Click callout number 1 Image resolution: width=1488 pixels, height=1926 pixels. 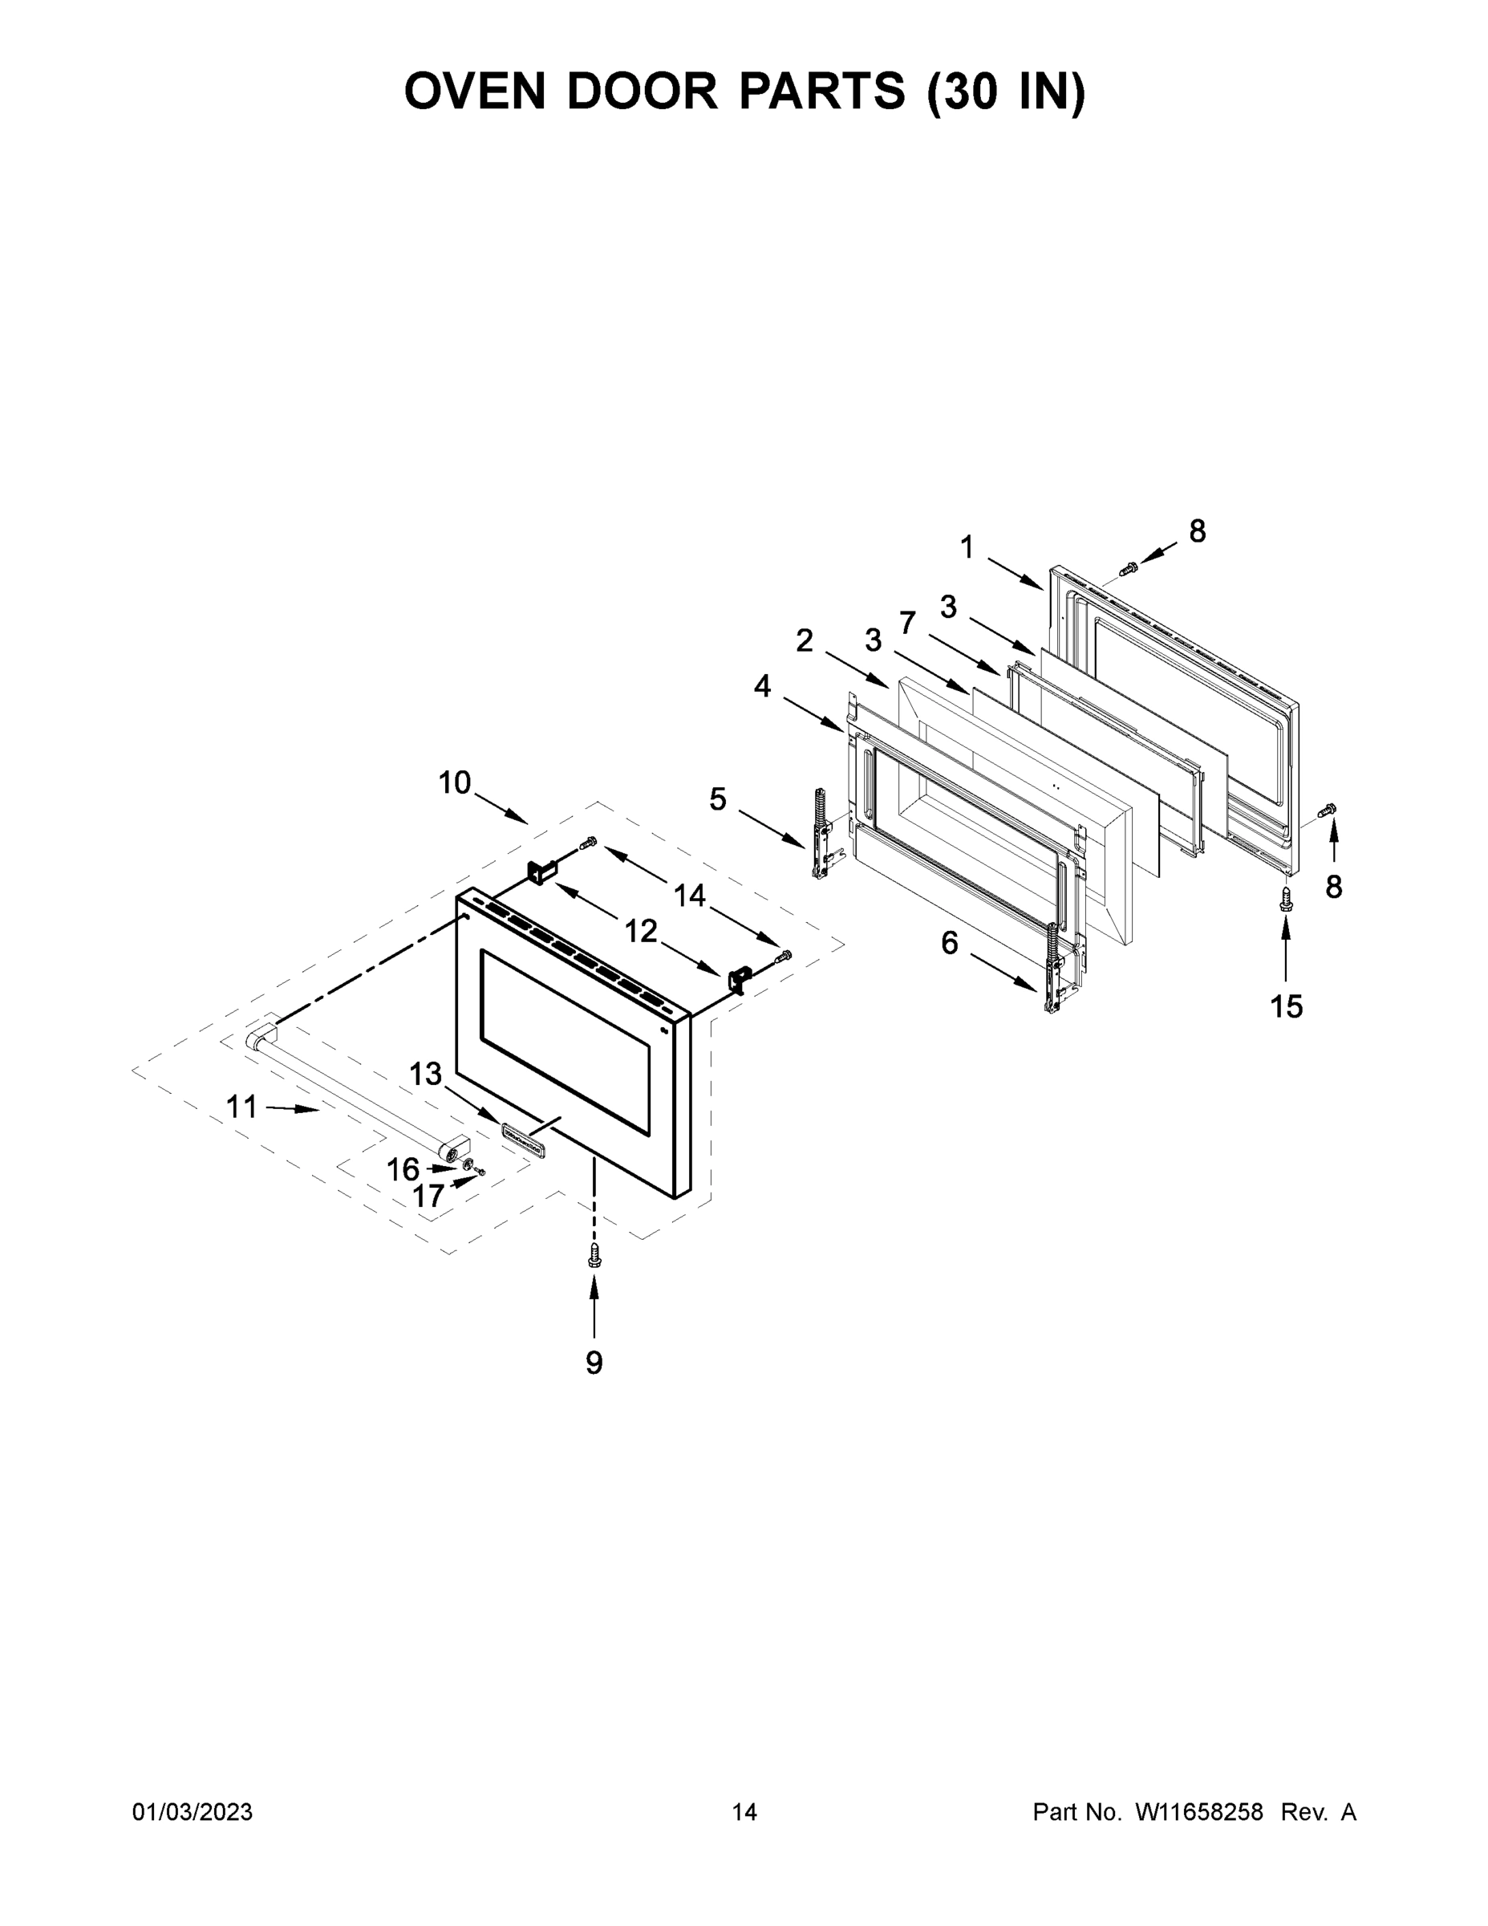tap(967, 547)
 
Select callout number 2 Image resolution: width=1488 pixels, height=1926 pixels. tap(804, 641)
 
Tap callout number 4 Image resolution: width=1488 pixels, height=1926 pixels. tap(761, 685)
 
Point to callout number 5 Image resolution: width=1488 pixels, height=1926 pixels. tap(718, 800)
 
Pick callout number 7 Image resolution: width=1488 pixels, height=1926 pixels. tap(908, 623)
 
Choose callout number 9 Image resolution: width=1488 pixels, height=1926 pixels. tap(594, 1363)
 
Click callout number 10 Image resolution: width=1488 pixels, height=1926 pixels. tap(455, 782)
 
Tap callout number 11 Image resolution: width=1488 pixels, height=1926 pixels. tap(241, 1106)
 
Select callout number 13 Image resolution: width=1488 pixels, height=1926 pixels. tap(425, 1074)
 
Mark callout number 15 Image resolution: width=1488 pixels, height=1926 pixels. tap(1286, 1006)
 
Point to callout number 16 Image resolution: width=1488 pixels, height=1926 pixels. tap(403, 1169)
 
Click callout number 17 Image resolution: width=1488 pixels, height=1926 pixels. tap(428, 1196)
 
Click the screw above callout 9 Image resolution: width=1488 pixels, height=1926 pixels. tap(594, 1256)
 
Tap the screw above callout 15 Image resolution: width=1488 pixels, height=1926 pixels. tap(1286, 900)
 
